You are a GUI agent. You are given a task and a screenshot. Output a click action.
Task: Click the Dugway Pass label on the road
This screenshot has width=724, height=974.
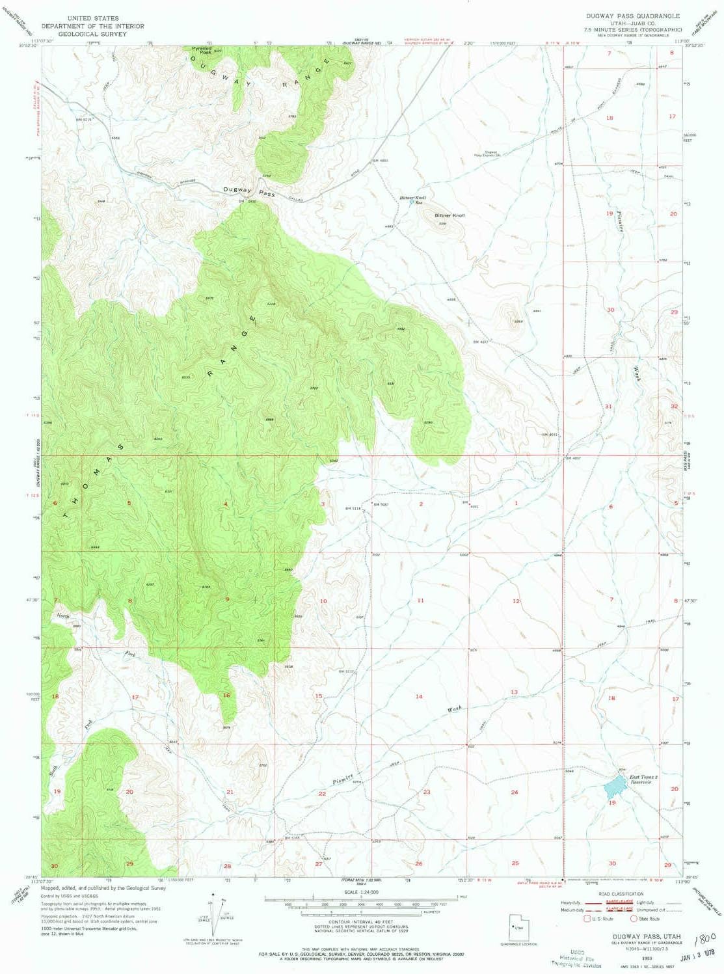coord(248,191)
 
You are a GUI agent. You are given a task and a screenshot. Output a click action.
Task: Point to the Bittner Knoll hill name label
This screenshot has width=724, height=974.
coord(449,215)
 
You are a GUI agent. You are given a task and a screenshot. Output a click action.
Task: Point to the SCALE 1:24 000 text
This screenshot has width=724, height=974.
coord(362,892)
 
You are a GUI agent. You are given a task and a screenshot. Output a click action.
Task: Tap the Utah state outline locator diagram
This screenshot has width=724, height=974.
coord(518,927)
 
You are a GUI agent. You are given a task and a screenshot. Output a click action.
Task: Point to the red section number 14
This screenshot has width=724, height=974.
coord(419,696)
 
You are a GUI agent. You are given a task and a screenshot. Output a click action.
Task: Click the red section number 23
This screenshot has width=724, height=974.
coord(427,792)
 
